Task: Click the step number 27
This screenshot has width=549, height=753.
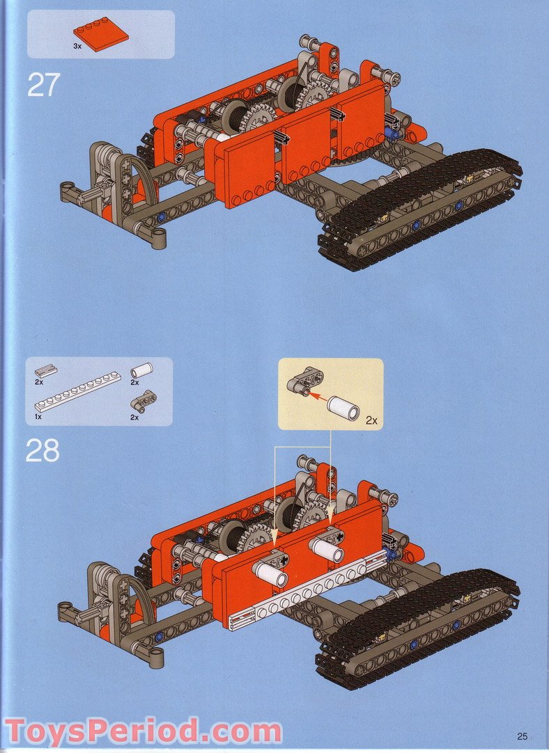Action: click(43, 84)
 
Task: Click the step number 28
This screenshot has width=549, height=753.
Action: click(43, 451)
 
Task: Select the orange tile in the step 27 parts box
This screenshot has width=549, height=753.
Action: click(100, 35)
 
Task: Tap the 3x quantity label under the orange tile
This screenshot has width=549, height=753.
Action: click(77, 46)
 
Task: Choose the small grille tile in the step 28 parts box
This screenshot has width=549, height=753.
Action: click(47, 371)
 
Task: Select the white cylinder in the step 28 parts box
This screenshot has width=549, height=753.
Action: click(142, 370)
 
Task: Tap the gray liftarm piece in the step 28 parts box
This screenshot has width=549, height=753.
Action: click(145, 399)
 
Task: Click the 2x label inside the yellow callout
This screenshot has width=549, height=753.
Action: click(371, 421)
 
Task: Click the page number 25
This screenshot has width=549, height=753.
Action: click(523, 736)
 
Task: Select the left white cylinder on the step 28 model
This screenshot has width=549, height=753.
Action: click(271, 576)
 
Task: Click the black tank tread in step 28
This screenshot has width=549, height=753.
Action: click(418, 626)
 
